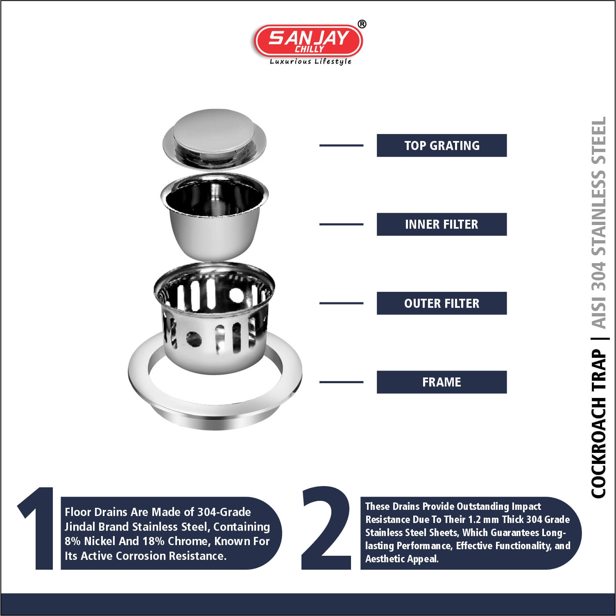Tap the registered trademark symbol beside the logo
(362, 25)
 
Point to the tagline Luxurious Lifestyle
(310, 61)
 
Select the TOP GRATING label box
(442, 145)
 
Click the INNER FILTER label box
(442, 224)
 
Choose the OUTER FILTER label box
(442, 303)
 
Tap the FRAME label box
(442, 382)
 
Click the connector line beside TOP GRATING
(341, 145)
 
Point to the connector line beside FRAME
(341, 382)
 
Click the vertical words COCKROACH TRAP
(598, 424)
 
